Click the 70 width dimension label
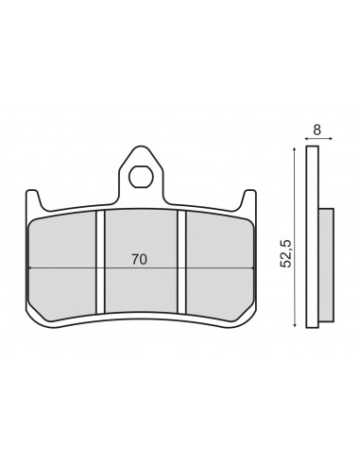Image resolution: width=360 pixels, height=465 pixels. point(139,259)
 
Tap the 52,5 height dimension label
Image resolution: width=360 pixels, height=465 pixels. point(286,253)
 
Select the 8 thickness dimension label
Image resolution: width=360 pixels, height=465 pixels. point(317,129)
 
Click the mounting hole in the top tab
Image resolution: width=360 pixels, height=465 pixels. point(142,177)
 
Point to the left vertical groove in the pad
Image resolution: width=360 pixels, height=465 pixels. point(100,262)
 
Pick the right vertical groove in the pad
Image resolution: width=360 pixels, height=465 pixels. point(181,262)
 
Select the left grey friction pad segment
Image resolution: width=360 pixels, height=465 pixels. point(62,267)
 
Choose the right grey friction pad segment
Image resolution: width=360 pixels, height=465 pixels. point(219,267)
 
